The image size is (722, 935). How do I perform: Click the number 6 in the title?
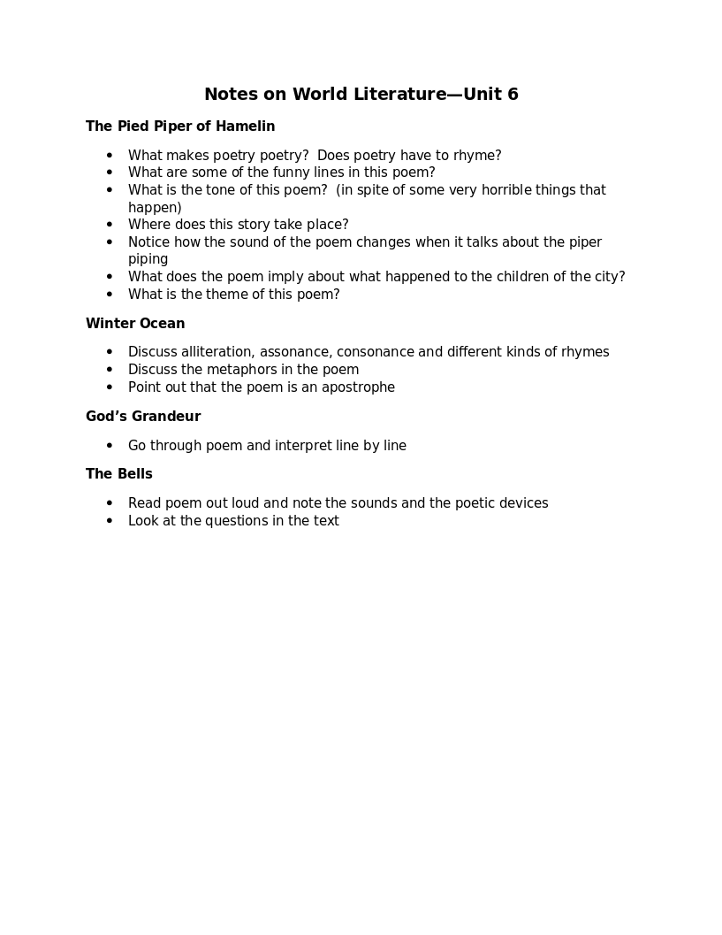click(x=513, y=95)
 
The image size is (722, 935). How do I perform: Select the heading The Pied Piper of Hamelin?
click(x=180, y=126)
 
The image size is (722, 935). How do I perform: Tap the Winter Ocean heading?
click(x=135, y=324)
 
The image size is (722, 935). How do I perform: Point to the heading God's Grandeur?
click(x=143, y=417)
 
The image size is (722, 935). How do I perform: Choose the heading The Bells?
click(x=119, y=474)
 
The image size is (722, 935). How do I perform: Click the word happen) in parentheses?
click(x=155, y=208)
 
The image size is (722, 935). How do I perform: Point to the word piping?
click(x=148, y=259)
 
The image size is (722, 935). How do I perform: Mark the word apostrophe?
click(x=357, y=387)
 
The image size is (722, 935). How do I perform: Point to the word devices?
click(x=522, y=503)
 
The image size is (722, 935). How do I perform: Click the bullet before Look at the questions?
click(x=110, y=521)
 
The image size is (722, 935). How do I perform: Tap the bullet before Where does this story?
click(x=110, y=225)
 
